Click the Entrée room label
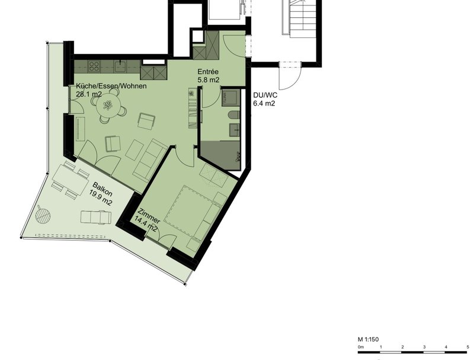click(208, 72)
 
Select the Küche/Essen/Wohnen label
click(111, 86)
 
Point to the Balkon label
click(103, 189)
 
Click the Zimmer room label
click(149, 215)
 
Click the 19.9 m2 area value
click(101, 197)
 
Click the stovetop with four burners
click(94, 66)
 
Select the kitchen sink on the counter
click(121, 66)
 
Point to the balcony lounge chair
click(96, 217)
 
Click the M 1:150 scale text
click(368, 339)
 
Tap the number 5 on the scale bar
click(467, 347)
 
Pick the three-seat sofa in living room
click(150, 160)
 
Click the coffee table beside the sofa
click(134, 150)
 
